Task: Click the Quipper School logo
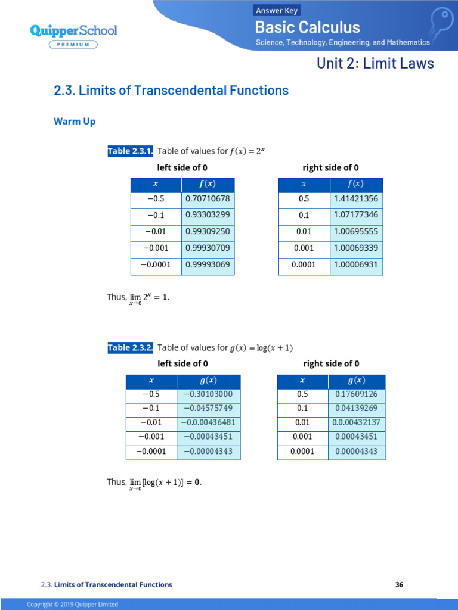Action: point(73,30)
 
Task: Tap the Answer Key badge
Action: point(277,10)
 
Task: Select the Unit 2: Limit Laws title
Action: point(375,63)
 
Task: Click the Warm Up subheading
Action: point(75,122)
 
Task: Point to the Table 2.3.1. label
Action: point(131,151)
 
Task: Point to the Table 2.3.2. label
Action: point(131,348)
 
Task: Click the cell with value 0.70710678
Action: point(208,199)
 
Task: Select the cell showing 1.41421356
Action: point(356,199)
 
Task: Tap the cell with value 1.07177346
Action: point(356,216)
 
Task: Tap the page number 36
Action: point(400,585)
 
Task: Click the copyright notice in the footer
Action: point(72,605)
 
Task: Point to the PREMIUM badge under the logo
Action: point(74,44)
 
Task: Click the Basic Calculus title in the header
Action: point(308,27)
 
